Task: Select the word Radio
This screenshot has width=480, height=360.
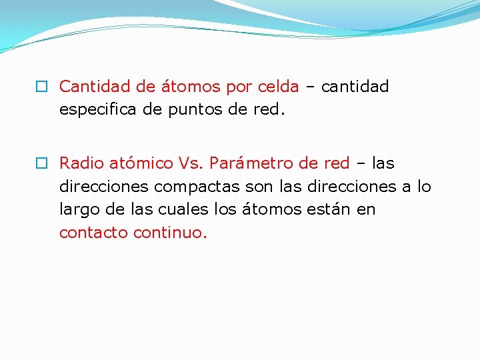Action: pos(81,163)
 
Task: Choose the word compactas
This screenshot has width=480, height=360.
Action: pos(189,187)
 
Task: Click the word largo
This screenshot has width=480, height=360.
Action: pos(78,209)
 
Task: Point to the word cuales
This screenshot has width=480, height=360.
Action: pos(177,209)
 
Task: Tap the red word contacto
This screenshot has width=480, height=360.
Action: pos(93,233)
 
